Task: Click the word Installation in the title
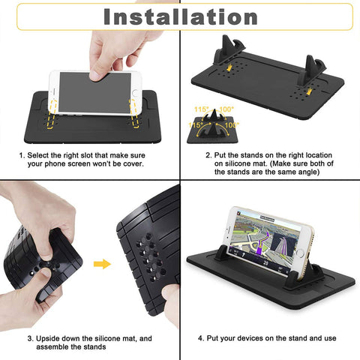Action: (x=181, y=16)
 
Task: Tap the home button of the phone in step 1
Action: (x=135, y=93)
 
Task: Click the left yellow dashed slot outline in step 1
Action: (x=52, y=114)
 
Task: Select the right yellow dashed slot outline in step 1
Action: (x=134, y=114)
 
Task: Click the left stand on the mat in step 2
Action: (x=229, y=50)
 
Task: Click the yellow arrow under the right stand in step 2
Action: (x=309, y=91)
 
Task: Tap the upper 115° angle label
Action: (x=201, y=109)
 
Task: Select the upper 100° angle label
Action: (x=226, y=109)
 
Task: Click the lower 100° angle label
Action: (x=232, y=124)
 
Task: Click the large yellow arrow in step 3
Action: (x=102, y=264)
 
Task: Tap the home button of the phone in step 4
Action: (x=300, y=253)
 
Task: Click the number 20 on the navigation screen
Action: (x=265, y=262)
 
